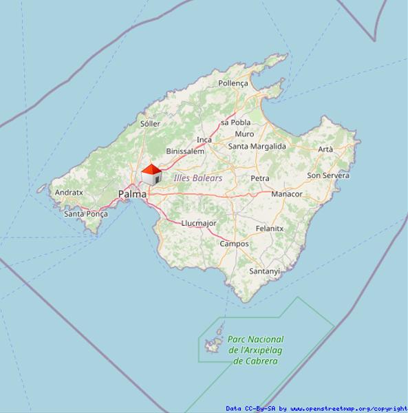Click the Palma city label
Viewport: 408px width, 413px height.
[132, 195]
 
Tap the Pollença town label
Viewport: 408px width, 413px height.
[233, 83]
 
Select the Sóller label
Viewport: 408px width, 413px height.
[150, 124]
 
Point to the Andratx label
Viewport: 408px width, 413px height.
[69, 193]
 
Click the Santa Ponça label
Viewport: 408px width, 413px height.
[86, 214]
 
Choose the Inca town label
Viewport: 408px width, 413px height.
[204, 140]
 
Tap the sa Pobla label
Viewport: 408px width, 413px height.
[235, 123]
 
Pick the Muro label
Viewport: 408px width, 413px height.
[244, 134]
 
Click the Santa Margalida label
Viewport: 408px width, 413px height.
[257, 147]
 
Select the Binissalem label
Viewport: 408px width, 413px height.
[185, 151]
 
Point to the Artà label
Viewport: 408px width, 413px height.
[325, 149]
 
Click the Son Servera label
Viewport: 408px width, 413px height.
[328, 176]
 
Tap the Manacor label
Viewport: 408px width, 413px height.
[286, 194]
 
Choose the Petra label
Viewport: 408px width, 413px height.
[260, 178]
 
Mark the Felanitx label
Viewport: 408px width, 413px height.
[269, 228]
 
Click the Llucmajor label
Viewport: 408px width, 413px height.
[199, 223]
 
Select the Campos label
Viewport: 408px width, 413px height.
[234, 244]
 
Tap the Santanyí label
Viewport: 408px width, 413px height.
[264, 271]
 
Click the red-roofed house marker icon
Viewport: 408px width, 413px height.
[151, 174]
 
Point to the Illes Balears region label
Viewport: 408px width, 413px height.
[198, 178]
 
